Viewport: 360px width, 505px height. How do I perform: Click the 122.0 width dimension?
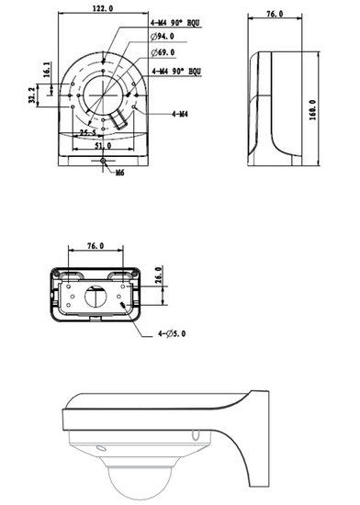(x=103, y=8)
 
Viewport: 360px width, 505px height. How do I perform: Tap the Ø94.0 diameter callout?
(x=163, y=37)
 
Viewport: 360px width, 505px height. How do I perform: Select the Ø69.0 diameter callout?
(x=163, y=52)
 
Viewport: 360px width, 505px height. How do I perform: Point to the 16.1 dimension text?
(x=47, y=69)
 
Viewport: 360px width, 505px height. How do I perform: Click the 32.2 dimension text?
(x=32, y=95)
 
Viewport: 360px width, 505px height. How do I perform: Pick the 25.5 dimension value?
(x=88, y=132)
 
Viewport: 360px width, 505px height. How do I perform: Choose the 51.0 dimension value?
(x=103, y=146)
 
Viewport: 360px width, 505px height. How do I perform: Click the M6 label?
(x=119, y=173)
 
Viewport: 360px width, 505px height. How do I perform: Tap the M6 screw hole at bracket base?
(x=103, y=161)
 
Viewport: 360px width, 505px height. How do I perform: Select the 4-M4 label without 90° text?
(x=180, y=114)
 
